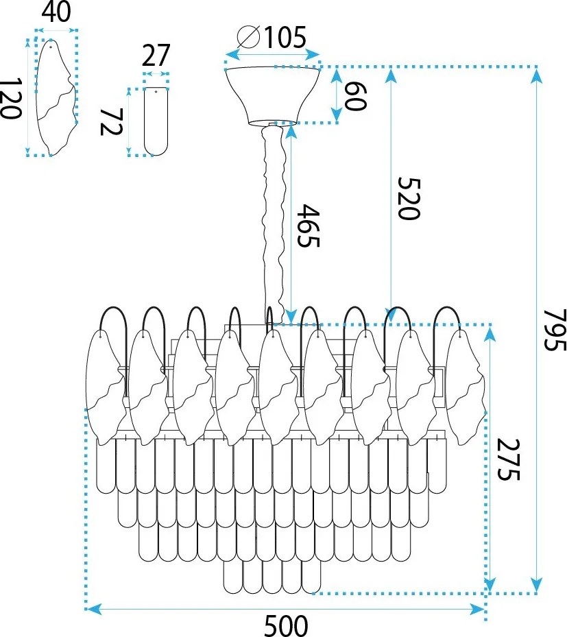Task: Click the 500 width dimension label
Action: click(x=286, y=625)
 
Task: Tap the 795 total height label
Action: click(x=555, y=329)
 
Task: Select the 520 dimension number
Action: click(x=408, y=199)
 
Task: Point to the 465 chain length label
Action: click(x=309, y=226)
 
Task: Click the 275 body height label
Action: click(x=508, y=459)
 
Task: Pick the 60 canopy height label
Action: click(x=355, y=96)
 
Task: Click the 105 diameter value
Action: click(x=285, y=38)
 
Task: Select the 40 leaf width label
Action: click(x=56, y=12)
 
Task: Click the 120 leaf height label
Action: click(x=10, y=99)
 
